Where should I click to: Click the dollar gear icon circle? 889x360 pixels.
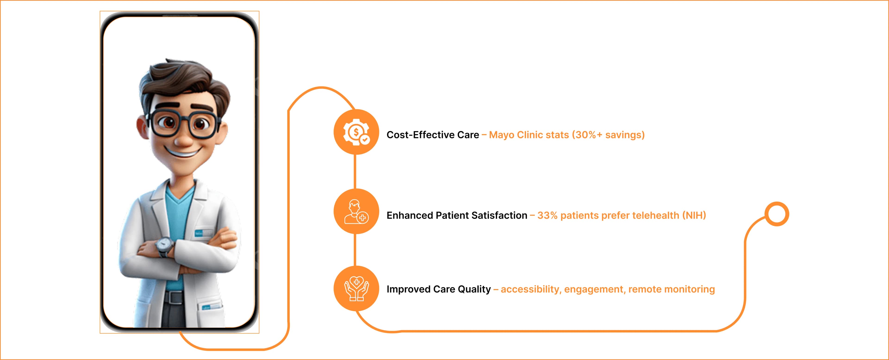[x=356, y=132]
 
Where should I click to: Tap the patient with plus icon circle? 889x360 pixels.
[x=356, y=211]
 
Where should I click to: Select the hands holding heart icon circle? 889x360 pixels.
[x=356, y=288]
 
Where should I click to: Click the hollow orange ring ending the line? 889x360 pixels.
[x=776, y=214]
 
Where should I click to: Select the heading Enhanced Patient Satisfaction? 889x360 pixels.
[x=457, y=215]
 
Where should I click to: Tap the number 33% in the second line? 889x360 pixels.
[x=547, y=215]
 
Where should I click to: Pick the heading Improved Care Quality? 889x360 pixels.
[x=438, y=289]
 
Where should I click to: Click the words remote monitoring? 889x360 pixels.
[x=671, y=289]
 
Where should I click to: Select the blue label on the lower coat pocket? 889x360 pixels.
[x=210, y=307]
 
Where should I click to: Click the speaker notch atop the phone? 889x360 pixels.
[x=179, y=16]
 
